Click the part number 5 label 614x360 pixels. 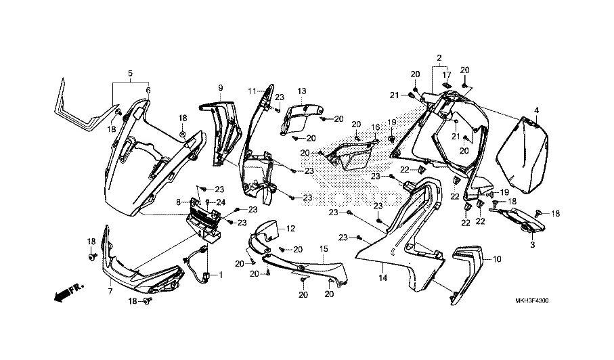(x=130, y=72)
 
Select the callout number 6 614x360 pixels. (x=148, y=90)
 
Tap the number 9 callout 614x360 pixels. (x=220, y=88)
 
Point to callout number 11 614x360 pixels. (x=251, y=91)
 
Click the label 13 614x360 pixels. (x=301, y=91)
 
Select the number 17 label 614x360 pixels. (x=447, y=74)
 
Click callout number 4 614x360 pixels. (x=536, y=110)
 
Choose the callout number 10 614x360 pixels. (x=498, y=259)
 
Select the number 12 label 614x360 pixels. (x=291, y=228)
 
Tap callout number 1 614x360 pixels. (x=219, y=275)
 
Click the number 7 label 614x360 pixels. (x=110, y=291)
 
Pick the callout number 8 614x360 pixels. (x=178, y=202)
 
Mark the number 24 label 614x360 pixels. (x=220, y=202)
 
